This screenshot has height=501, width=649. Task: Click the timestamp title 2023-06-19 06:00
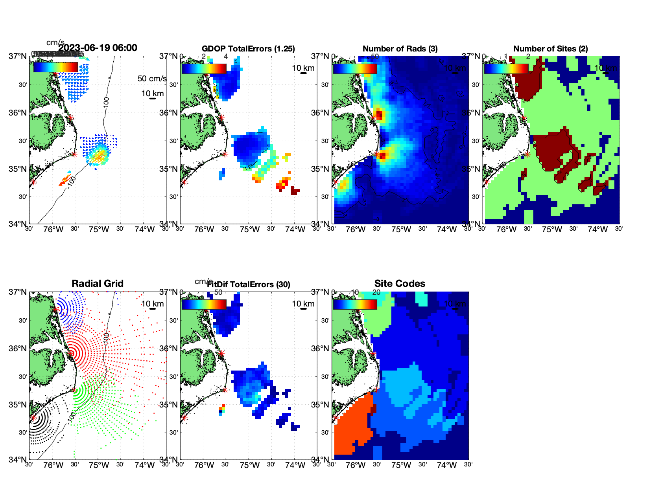point(98,48)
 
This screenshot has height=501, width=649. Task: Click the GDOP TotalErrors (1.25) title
point(248,49)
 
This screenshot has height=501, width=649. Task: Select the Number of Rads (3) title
point(400,49)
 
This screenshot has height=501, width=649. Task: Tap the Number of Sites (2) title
point(550,49)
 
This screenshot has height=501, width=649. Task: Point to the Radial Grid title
point(98,284)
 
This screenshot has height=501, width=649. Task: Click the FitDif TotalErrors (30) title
point(249,284)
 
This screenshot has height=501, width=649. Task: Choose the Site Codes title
point(400,284)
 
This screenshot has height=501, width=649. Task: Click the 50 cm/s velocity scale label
point(152,79)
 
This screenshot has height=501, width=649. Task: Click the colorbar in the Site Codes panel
point(355,304)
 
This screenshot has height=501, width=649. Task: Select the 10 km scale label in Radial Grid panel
point(152,304)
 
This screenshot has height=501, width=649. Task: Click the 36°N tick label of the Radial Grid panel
point(18,349)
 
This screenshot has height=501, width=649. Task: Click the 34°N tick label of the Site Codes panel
point(320,459)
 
